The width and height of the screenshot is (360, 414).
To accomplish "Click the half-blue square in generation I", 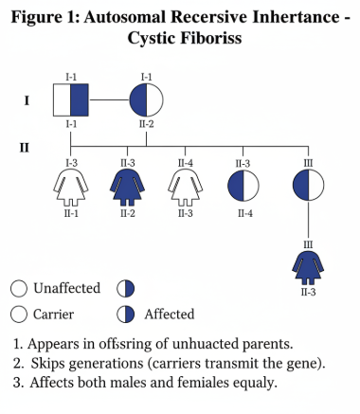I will point(72,99).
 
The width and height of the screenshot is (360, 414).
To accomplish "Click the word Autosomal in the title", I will point(117,15).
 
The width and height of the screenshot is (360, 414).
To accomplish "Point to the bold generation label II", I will point(26,147).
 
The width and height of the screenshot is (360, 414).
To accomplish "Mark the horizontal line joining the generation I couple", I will point(110,99).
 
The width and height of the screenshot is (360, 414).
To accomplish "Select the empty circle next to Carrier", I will point(18,315).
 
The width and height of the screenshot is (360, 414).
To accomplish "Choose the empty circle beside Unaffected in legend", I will point(18,288).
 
